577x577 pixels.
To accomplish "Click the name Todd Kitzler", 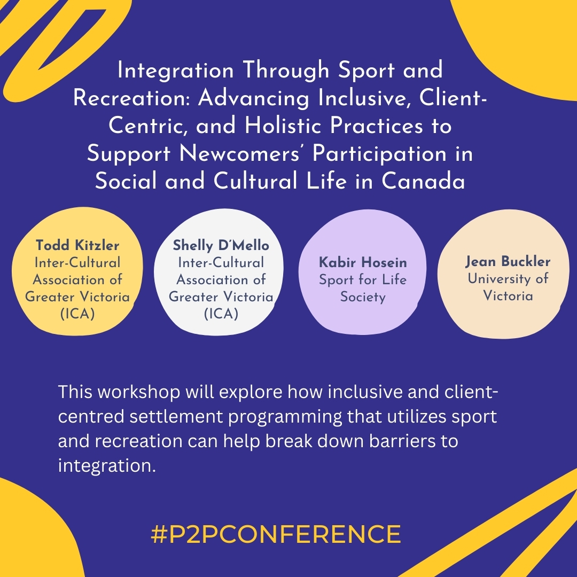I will [x=77, y=245].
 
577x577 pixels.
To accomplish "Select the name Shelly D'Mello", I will [x=221, y=245].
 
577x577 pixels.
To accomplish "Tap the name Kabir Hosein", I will [x=363, y=262].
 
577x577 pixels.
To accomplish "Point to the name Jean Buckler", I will [x=508, y=262].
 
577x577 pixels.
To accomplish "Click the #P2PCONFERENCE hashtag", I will [x=276, y=534].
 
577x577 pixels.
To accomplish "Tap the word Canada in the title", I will [x=423, y=182].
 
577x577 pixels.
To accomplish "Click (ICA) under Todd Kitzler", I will [x=77, y=314].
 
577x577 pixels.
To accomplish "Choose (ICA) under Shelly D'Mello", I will [x=221, y=314].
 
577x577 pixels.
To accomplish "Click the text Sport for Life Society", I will [x=363, y=288].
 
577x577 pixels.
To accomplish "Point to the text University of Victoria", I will [x=508, y=287].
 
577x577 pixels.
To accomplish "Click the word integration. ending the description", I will [x=106, y=466].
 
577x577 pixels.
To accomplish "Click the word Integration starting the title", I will [x=175, y=71].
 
